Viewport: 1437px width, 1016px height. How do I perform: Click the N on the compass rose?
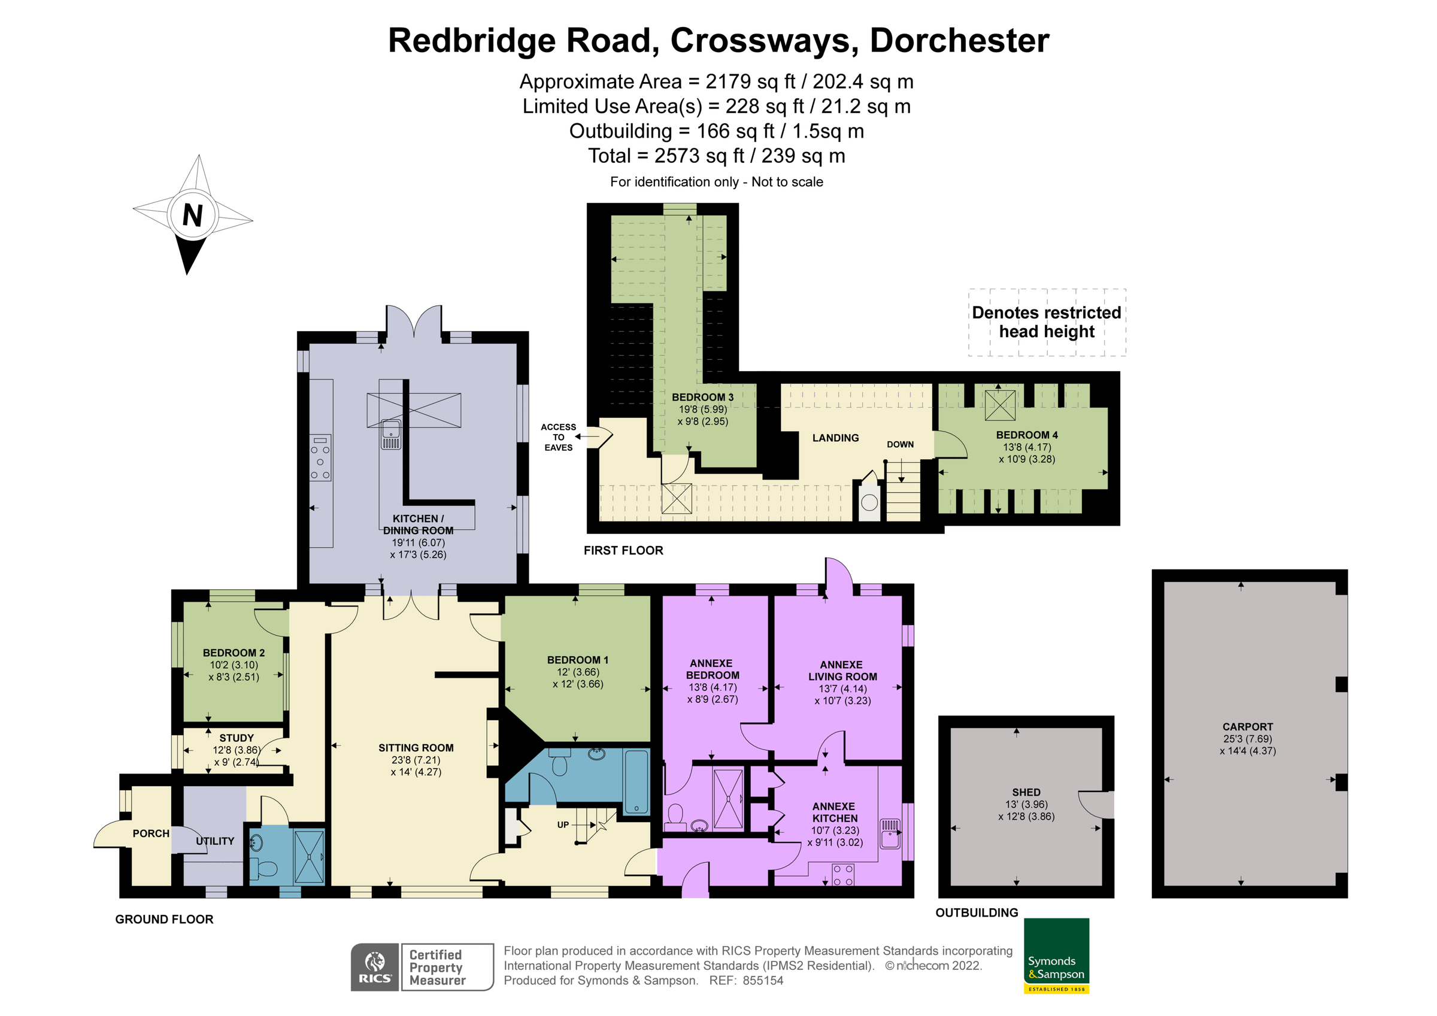coord(193,216)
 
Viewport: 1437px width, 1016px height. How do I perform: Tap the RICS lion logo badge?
coord(374,967)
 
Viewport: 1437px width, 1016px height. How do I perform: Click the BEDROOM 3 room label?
coord(702,398)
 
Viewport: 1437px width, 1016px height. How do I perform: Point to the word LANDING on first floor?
coord(835,438)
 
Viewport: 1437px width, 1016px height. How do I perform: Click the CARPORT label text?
coord(1247,727)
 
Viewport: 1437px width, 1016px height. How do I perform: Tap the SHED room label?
coord(1026,793)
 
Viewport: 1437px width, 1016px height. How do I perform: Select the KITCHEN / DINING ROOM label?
coord(418,524)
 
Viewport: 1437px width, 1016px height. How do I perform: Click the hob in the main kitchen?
coord(320,457)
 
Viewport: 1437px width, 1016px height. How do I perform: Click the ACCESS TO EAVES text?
coord(558,437)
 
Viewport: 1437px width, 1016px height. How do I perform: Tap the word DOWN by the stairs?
coord(900,444)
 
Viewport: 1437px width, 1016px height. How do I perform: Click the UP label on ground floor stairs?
coord(563,825)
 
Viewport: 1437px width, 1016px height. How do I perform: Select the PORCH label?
coord(151,834)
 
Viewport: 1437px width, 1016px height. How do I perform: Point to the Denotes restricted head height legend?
coord(1047,322)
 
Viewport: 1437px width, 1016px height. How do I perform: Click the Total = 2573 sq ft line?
coord(716,156)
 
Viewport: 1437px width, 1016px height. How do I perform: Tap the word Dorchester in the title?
coord(959,41)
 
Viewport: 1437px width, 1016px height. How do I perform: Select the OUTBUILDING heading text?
coord(977,912)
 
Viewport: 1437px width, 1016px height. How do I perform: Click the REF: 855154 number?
coord(762,981)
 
